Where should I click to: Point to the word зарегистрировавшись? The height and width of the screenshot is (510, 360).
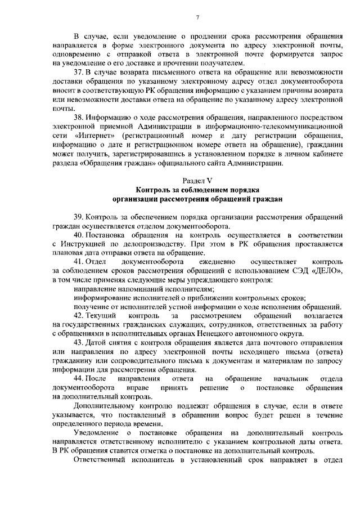point(132,154)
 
